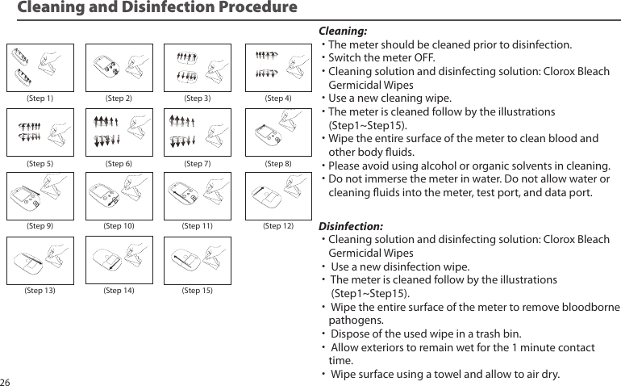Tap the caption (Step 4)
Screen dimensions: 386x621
(x=278, y=99)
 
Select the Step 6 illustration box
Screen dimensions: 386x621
(x=119, y=132)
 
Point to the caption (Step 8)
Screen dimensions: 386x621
(x=278, y=163)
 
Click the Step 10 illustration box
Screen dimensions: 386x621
(x=119, y=195)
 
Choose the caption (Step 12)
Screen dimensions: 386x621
(x=278, y=226)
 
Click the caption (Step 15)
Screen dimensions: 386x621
(x=198, y=290)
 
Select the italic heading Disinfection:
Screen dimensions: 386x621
(x=352, y=225)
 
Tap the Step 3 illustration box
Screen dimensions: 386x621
(x=198, y=67)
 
